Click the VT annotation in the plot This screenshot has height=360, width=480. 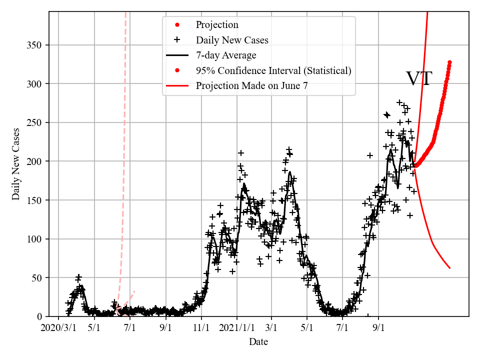[x=418, y=79]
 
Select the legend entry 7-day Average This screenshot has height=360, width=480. [x=226, y=55]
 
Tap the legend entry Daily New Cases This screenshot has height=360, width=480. [x=232, y=40]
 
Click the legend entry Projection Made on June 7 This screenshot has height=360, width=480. [x=251, y=85]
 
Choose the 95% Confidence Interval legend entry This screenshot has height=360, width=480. [x=273, y=70]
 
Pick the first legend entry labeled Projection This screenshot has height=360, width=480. [x=217, y=25]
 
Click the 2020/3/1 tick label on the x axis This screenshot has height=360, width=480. [x=58, y=328]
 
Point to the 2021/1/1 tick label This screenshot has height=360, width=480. [x=237, y=328]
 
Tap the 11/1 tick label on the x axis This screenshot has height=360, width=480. [x=201, y=328]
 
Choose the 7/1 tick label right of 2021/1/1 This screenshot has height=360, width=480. [x=342, y=328]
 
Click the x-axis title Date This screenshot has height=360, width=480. [x=258, y=342]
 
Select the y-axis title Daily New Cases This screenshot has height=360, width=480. [x=16, y=163]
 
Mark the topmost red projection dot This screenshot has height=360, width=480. [x=449, y=62]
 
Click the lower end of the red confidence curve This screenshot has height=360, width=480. [x=450, y=268]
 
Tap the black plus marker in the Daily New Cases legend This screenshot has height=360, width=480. [x=177, y=40]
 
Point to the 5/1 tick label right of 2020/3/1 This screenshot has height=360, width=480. [x=94, y=328]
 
